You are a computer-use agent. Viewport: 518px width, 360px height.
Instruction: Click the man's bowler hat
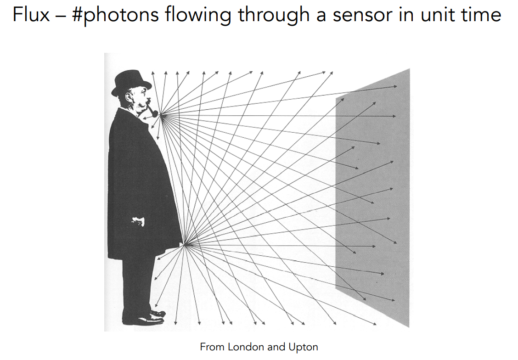(131, 83)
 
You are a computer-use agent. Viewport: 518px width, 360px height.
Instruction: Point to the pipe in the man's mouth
(152, 112)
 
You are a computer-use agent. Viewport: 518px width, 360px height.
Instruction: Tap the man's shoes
(149, 317)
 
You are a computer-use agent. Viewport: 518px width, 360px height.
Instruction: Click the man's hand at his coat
(137, 221)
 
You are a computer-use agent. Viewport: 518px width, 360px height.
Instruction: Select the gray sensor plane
(374, 197)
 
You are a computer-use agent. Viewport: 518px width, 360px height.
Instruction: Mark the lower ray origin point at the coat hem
(185, 245)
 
